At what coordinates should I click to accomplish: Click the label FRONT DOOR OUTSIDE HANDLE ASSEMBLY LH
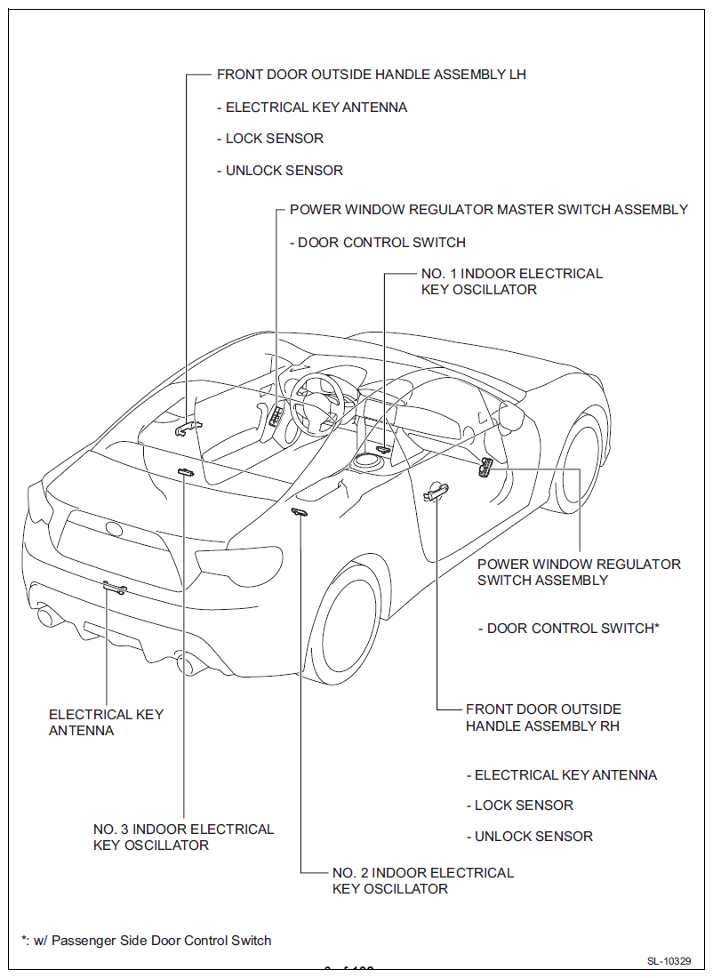tap(372, 75)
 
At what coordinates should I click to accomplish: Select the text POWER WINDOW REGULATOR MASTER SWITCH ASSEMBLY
tap(489, 210)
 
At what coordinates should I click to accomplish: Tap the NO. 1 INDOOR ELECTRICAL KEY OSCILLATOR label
tap(511, 282)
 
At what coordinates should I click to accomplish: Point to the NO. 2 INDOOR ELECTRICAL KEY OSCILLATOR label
tap(423, 880)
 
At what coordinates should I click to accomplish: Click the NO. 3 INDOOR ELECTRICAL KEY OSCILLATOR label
tap(183, 837)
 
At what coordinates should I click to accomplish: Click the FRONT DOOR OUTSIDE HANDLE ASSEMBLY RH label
tap(543, 717)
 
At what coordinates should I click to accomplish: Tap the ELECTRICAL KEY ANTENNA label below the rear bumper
tap(106, 722)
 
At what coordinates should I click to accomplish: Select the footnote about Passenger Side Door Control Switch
tap(147, 940)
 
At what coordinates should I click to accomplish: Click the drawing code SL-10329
tap(675, 961)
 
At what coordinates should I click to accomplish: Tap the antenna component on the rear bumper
tap(113, 587)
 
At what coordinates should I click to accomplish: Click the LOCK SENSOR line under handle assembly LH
tap(274, 139)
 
